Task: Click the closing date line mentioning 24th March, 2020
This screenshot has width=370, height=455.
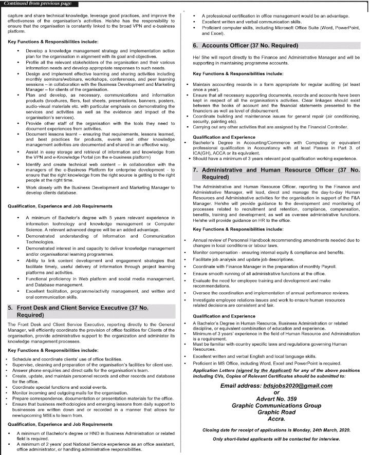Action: point(276,429)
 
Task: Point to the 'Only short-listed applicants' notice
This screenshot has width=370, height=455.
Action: point(276,439)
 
